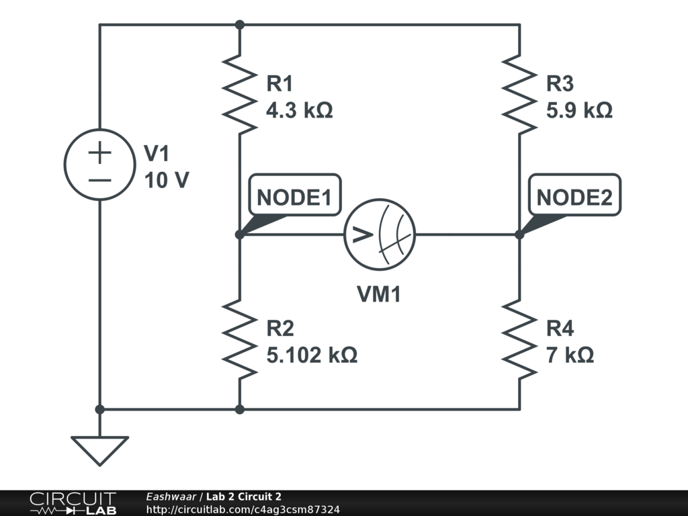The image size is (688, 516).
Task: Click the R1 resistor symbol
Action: (240, 95)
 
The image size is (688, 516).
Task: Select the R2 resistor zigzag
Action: (240, 339)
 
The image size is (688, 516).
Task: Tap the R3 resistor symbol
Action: (519, 95)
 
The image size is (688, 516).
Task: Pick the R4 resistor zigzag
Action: (519, 339)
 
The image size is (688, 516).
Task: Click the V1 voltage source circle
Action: (99, 165)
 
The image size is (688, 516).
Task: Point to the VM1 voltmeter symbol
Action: (380, 234)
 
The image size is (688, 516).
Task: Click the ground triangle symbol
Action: (99, 449)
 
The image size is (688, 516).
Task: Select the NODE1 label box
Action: (294, 196)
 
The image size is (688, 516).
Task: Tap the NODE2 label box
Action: (574, 196)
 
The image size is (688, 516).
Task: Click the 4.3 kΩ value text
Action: (300, 110)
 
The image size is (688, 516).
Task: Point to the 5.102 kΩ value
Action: (312, 354)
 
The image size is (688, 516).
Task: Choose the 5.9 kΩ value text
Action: (579, 110)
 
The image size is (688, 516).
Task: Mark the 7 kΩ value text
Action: (570, 354)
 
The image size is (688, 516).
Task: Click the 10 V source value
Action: (166, 180)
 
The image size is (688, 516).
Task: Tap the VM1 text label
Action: (379, 294)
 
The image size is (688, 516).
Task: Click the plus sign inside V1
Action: (99, 153)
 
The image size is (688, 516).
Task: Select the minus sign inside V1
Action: (99, 179)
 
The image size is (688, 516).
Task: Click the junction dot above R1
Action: (240, 25)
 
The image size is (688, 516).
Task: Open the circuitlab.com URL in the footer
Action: (243, 509)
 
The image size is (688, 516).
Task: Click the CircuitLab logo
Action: (73, 503)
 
